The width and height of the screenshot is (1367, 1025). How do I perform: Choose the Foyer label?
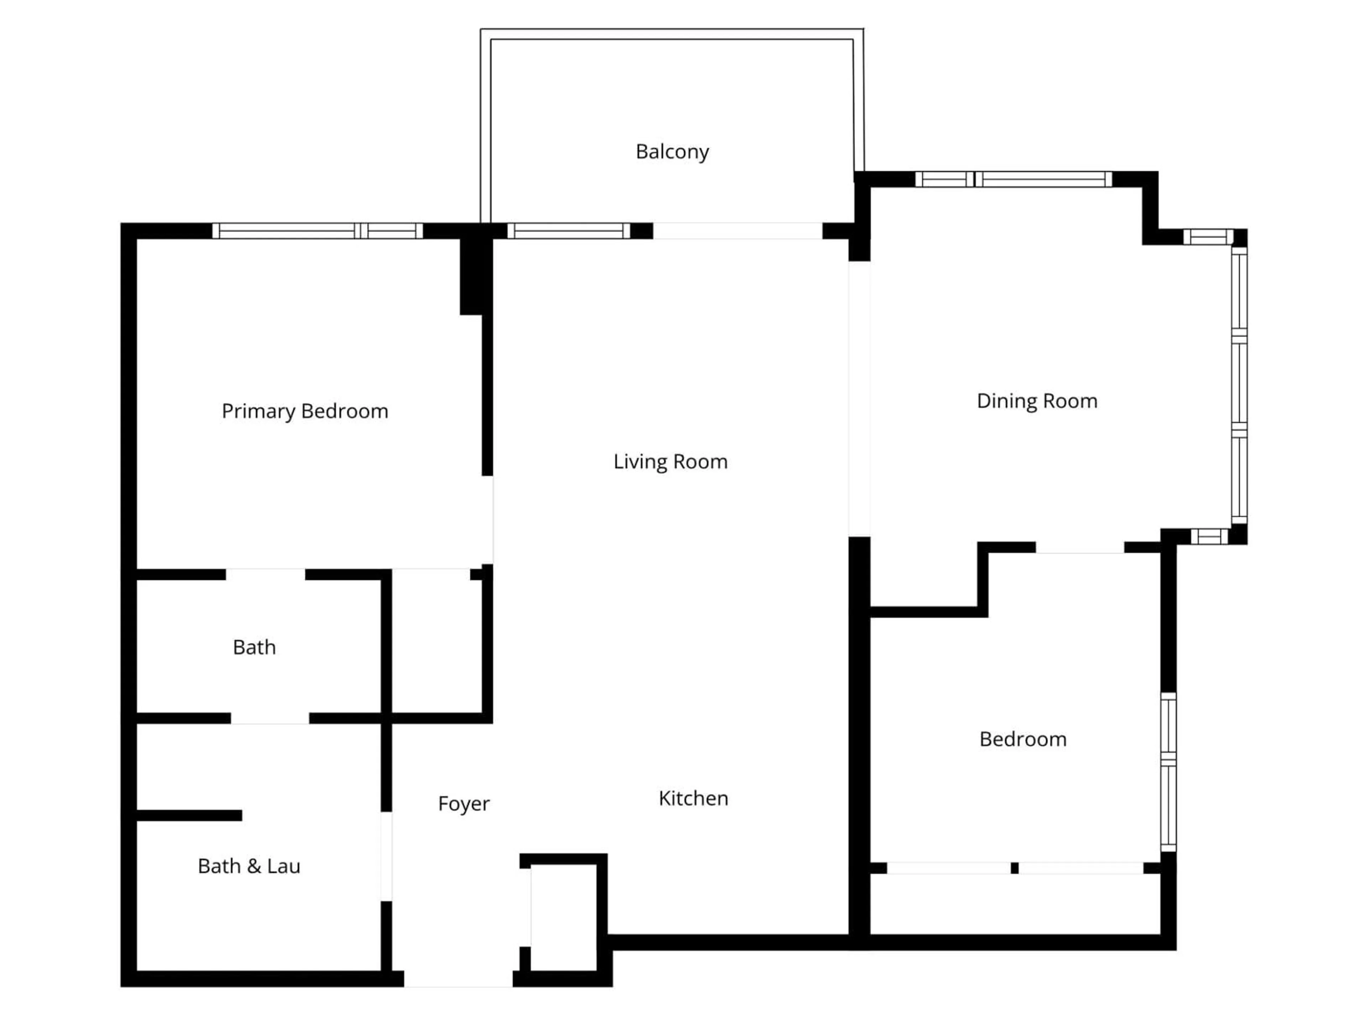click(x=463, y=804)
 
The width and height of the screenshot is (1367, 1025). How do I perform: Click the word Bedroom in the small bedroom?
click(x=1023, y=740)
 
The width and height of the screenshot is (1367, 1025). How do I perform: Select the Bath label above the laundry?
click(x=254, y=647)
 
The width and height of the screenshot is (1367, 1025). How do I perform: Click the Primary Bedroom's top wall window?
click(x=318, y=231)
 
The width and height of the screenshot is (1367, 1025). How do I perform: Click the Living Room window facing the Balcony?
click(x=569, y=231)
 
